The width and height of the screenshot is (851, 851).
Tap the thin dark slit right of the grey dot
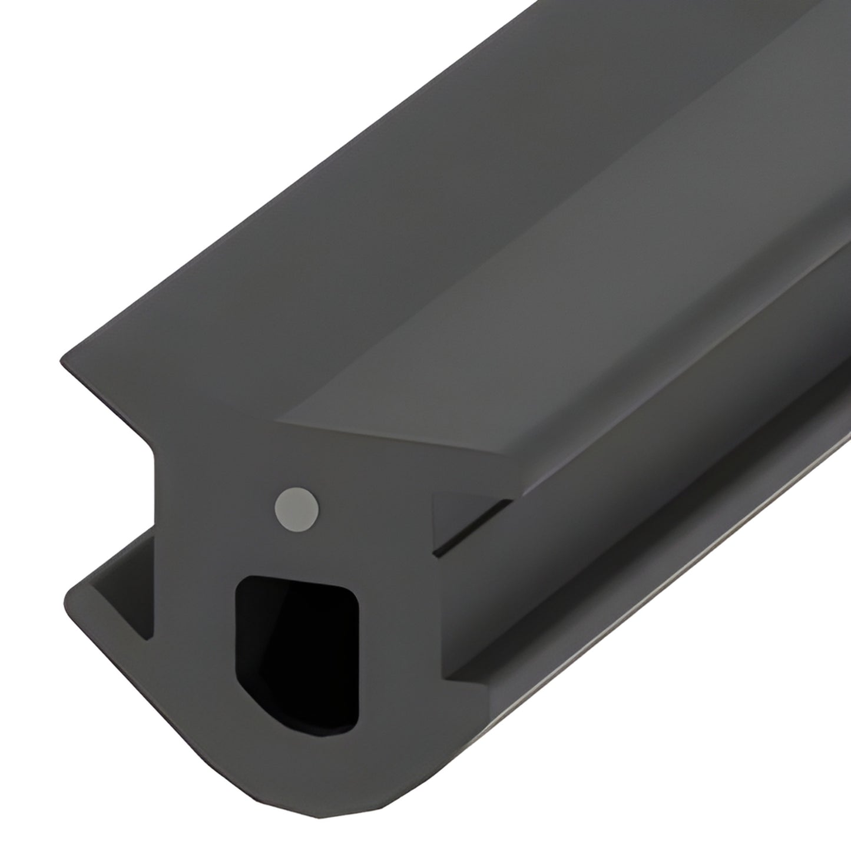click(471, 527)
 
